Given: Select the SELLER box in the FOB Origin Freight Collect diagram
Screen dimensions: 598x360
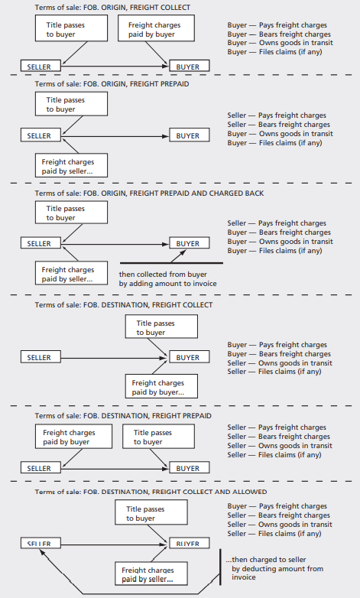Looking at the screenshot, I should pos(39,67).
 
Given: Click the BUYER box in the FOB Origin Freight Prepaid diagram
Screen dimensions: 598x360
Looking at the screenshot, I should pos(188,136).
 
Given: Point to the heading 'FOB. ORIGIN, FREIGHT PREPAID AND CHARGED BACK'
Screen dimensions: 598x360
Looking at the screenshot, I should pos(149,193).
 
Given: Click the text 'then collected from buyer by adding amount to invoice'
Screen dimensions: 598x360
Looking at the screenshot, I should pos(167,279).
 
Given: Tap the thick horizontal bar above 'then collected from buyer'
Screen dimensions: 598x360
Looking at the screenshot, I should pos(171,264).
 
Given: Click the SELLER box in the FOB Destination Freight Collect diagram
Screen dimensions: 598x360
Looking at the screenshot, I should pos(39,357).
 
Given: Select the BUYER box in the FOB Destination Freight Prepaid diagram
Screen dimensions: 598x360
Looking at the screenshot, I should pos(188,468).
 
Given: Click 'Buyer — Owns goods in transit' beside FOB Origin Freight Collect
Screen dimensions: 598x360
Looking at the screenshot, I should pos(280,44).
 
